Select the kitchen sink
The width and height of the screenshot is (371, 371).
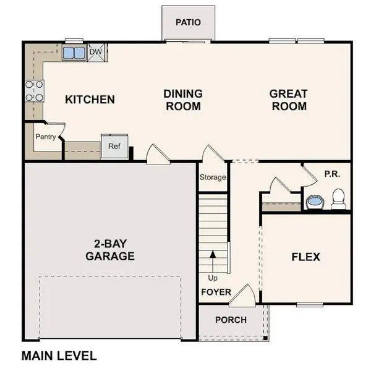[75, 53]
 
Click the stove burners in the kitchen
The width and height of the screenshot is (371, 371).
[33, 90]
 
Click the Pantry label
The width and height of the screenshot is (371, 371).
[45, 137]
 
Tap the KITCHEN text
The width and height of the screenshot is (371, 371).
[90, 99]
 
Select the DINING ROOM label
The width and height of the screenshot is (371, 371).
[183, 100]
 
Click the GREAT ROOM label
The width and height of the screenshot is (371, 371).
[288, 100]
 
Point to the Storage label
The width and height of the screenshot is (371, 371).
[212, 177]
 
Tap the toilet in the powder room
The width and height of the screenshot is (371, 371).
[338, 200]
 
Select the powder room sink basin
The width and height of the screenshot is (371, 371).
[315, 202]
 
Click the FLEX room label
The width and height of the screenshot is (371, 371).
[305, 256]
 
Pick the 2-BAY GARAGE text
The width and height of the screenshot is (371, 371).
[111, 249]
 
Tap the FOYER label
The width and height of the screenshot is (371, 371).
[216, 292]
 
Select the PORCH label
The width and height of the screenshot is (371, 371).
[230, 320]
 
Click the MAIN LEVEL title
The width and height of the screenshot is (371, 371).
[59, 356]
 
